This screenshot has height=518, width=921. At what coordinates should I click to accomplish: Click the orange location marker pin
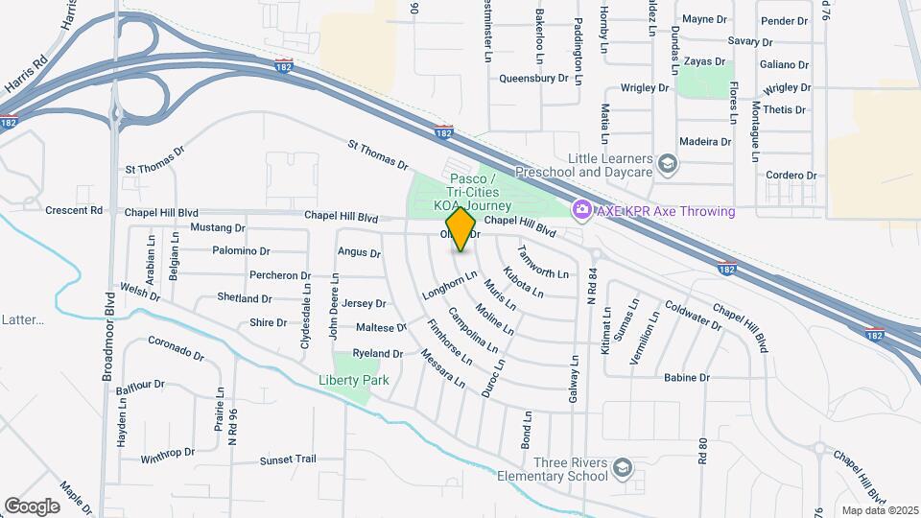461,228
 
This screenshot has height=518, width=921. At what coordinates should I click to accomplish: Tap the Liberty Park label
353,380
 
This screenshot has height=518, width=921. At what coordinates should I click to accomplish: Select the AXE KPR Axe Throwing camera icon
580,209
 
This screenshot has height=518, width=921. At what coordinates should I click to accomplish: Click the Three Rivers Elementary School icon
623,467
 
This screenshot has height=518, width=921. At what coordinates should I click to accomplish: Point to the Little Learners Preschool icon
669,166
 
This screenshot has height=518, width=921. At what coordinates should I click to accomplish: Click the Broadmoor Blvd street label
108,344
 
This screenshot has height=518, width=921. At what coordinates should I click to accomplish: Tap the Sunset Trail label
288,459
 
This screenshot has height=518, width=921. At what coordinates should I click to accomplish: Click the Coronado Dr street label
177,348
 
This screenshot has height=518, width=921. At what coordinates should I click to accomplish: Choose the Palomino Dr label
239,251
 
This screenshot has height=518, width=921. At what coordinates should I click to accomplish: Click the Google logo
32,506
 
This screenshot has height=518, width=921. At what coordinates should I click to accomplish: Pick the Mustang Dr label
218,228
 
